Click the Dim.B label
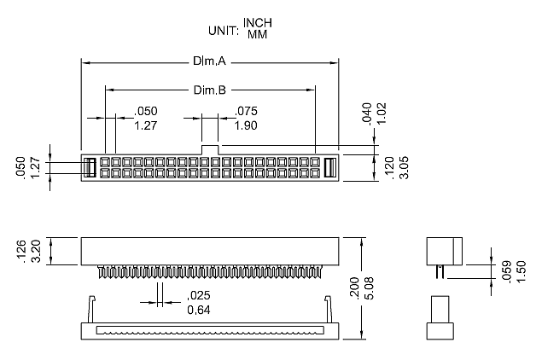[x=210, y=90]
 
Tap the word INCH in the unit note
[x=259, y=22]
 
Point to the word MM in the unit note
[x=256, y=36]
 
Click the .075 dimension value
[x=246, y=111]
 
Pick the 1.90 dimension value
[x=246, y=126]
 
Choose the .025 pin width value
[x=199, y=295]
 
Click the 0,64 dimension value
[x=199, y=310]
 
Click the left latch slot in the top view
[x=88, y=166]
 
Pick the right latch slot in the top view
[x=330, y=166]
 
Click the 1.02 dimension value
[x=381, y=113]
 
